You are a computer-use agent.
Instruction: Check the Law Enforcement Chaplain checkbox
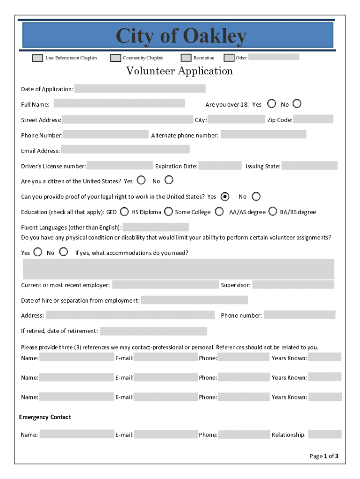[37, 58]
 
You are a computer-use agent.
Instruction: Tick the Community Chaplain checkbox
[115, 58]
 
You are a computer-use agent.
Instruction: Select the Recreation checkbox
[186, 58]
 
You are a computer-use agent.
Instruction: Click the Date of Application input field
[140, 89]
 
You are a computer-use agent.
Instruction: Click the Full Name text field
[119, 103]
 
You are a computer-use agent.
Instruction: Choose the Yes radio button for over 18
[271, 103]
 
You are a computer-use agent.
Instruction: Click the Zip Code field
[313, 119]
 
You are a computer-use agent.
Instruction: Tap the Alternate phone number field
[263, 135]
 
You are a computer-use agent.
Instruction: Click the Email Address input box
[125, 150]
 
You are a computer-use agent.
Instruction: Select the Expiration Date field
[220, 166]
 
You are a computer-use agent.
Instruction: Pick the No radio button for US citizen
[169, 180]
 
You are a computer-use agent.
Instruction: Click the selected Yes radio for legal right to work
[225, 196]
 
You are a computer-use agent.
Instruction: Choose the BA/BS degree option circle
[273, 211]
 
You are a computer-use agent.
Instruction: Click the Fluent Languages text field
[156, 227]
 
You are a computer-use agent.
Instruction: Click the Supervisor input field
[293, 284]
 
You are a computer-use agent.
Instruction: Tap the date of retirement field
[153, 331]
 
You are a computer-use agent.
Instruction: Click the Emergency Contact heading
[45, 417]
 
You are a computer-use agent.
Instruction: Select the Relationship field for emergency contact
[324, 435]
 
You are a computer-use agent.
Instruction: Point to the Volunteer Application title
[180, 71]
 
